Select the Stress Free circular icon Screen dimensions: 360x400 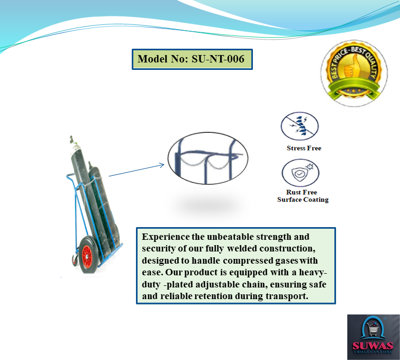tap(299, 126)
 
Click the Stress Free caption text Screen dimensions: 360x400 tap(304, 148)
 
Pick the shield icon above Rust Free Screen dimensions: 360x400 tap(299, 173)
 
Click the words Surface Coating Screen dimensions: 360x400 tap(303, 200)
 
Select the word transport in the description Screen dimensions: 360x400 tap(286, 296)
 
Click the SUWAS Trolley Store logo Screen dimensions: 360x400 tap(373, 337)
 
